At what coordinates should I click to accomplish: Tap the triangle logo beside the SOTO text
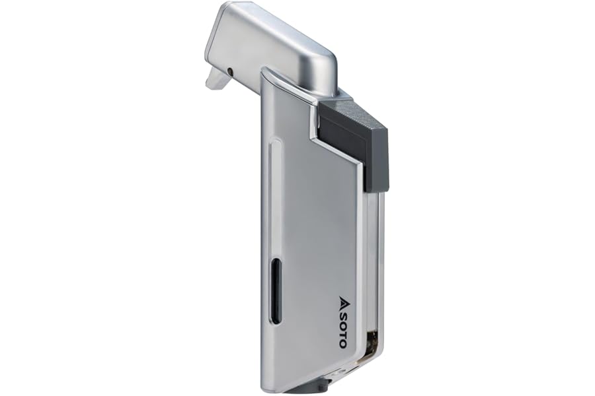click(342, 300)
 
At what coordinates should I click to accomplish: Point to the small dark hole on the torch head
click(230, 71)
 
